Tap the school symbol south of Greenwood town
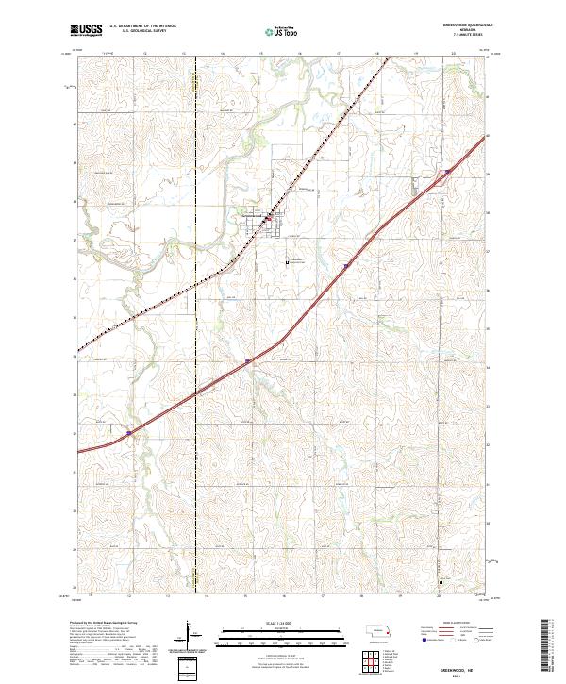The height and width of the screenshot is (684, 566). pyautogui.click(x=290, y=261)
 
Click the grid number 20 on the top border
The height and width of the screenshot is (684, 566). pyautogui.click(x=454, y=54)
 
